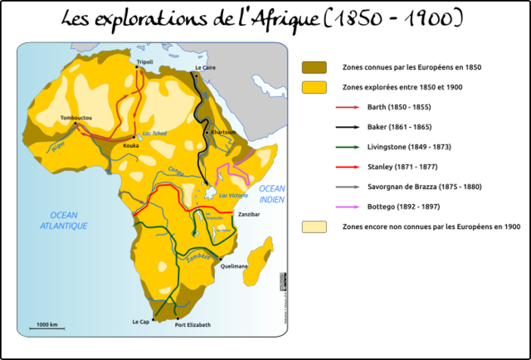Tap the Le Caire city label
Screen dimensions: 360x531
204,66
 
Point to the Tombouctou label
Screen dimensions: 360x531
76,119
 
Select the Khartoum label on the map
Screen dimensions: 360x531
224,132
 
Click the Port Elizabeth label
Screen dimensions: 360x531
192,324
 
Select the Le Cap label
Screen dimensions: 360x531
142,321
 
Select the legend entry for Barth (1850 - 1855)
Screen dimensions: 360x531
397,107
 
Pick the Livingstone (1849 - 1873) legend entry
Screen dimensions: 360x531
407,147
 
